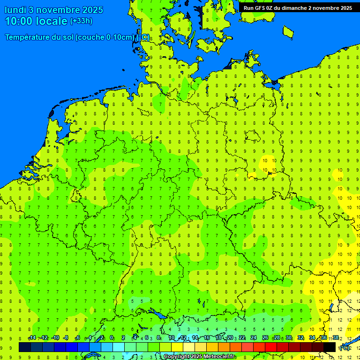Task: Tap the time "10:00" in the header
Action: click(18, 21)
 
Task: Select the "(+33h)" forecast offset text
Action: click(81, 21)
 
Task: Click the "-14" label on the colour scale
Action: click(31, 338)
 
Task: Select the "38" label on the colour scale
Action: click(336, 338)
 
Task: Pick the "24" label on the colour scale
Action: click(254, 338)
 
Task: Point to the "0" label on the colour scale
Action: click(112, 338)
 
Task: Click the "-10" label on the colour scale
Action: click(55, 338)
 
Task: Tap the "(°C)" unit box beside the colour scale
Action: click(345, 348)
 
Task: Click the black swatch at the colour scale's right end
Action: click(330, 347)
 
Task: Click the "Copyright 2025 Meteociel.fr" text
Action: click(199, 357)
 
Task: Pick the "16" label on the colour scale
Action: click(207, 338)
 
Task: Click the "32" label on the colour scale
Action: click(300, 338)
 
